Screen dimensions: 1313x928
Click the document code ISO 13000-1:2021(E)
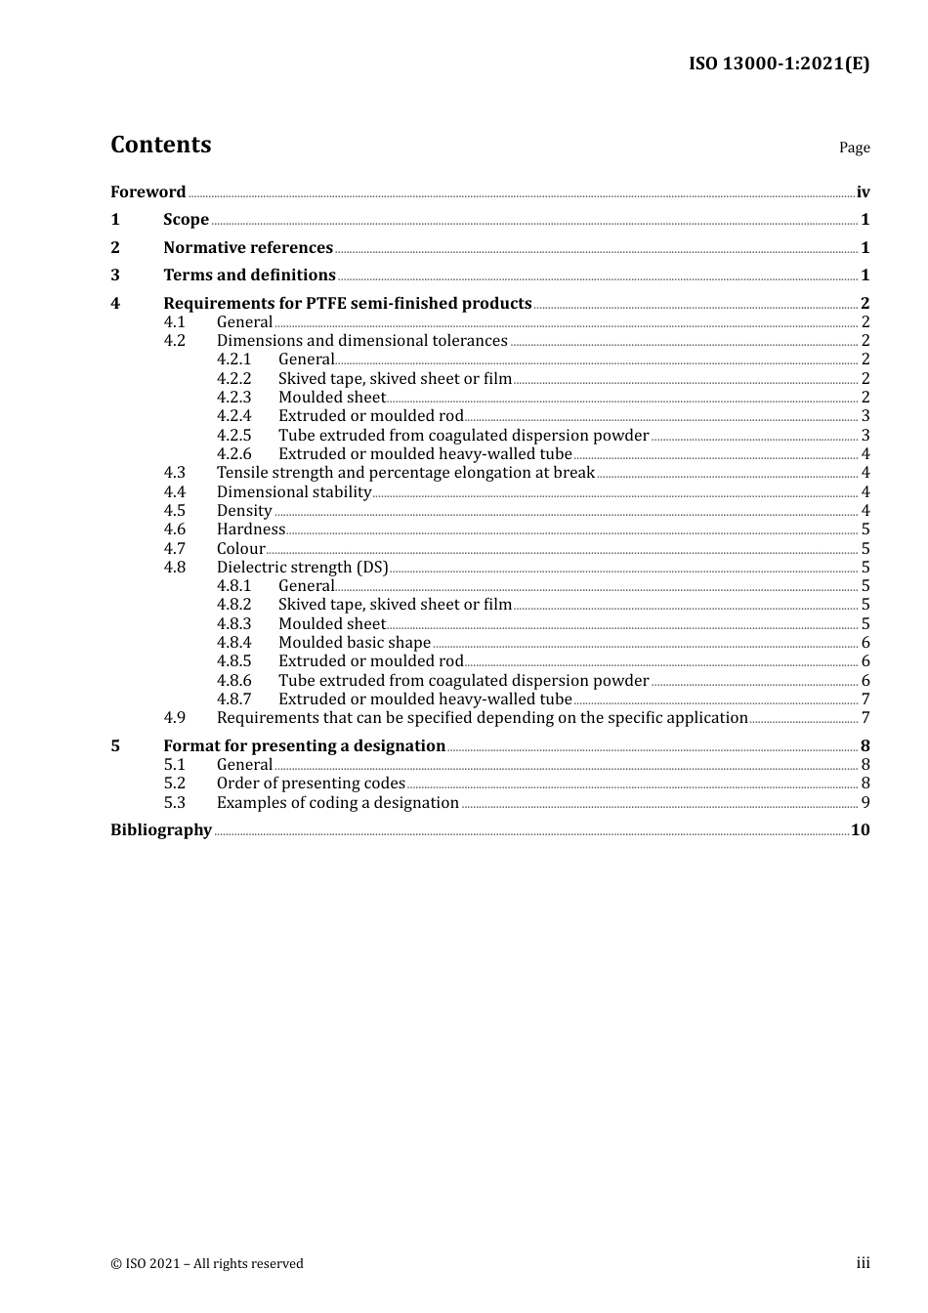point(779,64)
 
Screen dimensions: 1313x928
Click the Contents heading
point(160,145)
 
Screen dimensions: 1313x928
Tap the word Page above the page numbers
point(854,148)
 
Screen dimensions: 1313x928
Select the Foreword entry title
point(148,191)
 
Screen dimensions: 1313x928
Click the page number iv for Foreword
point(863,192)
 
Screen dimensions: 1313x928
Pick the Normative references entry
point(248,248)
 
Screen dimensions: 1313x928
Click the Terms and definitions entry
point(249,275)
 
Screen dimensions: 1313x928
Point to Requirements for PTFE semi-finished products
point(347,304)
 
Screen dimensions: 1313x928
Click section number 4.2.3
point(233,398)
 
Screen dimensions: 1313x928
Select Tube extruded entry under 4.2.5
point(463,436)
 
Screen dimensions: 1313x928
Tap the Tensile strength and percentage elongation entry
point(405,473)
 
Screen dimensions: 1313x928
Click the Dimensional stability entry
point(293,492)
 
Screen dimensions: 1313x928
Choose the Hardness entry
point(251,529)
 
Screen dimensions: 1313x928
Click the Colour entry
point(240,549)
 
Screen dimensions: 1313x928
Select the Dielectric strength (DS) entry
point(302,568)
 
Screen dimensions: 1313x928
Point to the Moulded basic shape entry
point(354,643)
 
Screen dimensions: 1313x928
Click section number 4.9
point(174,718)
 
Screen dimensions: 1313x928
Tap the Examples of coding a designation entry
point(337,803)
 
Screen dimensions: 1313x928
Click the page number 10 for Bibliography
point(860,830)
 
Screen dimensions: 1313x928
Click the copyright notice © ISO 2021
point(206,1264)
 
